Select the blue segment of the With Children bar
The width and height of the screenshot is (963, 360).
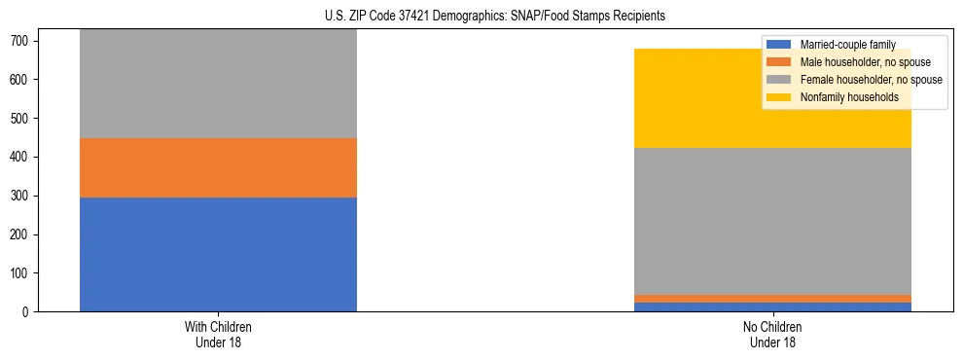point(218,254)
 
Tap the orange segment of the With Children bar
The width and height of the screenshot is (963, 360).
point(218,167)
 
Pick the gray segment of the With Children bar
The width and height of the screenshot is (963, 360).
point(218,84)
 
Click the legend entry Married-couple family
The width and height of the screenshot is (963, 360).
point(845,45)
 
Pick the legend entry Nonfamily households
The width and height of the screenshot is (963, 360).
point(842,97)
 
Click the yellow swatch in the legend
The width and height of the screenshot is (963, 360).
point(779,97)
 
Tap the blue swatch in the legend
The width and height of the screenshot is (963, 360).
point(779,45)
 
